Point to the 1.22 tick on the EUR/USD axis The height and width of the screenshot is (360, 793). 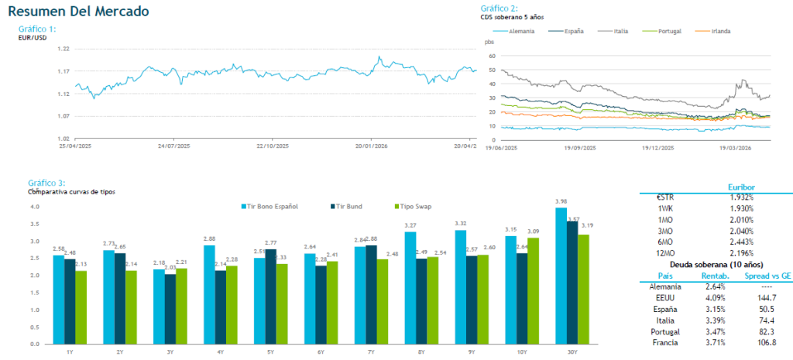tap(64, 49)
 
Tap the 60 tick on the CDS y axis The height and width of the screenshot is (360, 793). tap(490, 57)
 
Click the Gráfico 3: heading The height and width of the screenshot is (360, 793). tap(46, 183)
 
